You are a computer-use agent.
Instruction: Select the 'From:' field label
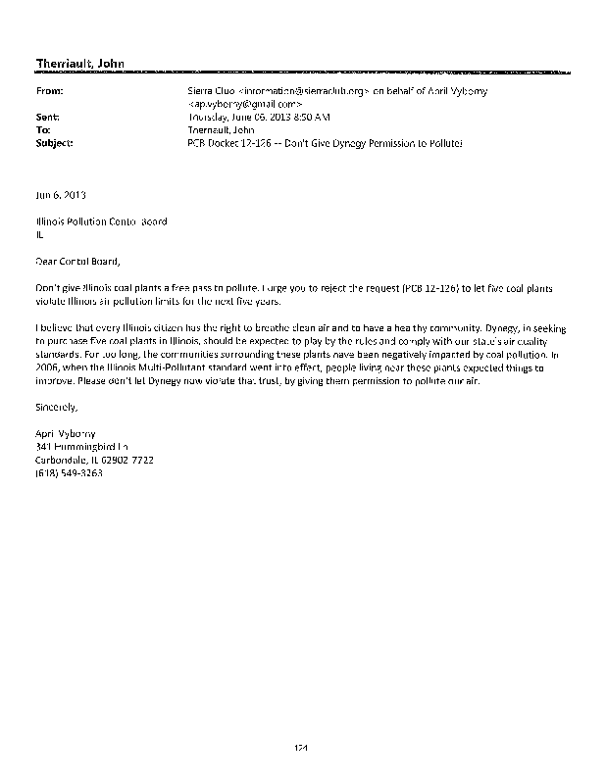(48, 90)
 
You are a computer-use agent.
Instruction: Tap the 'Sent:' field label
(47, 116)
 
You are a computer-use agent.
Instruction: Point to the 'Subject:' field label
(53, 141)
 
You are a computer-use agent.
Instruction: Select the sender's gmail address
(246, 103)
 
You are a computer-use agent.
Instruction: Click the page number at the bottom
(302, 748)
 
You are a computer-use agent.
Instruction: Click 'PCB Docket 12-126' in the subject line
(231, 141)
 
